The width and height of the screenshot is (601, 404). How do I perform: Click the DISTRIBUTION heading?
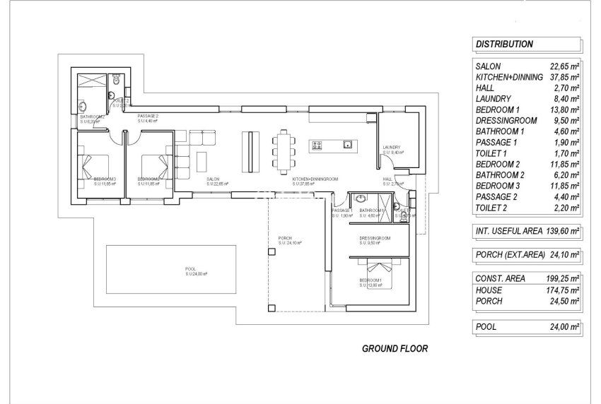pos(504,44)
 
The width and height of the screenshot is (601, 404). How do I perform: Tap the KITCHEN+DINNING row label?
pos(508,76)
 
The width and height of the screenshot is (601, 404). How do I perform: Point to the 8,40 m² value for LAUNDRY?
pos(566,98)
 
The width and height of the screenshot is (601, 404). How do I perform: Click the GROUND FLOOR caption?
pos(395,348)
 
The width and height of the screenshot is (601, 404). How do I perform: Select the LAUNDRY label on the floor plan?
pos(392,148)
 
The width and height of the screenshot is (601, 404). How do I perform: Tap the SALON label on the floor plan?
pos(213,179)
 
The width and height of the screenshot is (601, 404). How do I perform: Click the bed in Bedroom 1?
pos(379,268)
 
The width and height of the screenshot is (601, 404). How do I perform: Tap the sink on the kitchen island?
pos(347,144)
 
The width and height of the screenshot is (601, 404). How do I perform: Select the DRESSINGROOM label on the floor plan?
pos(375,237)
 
